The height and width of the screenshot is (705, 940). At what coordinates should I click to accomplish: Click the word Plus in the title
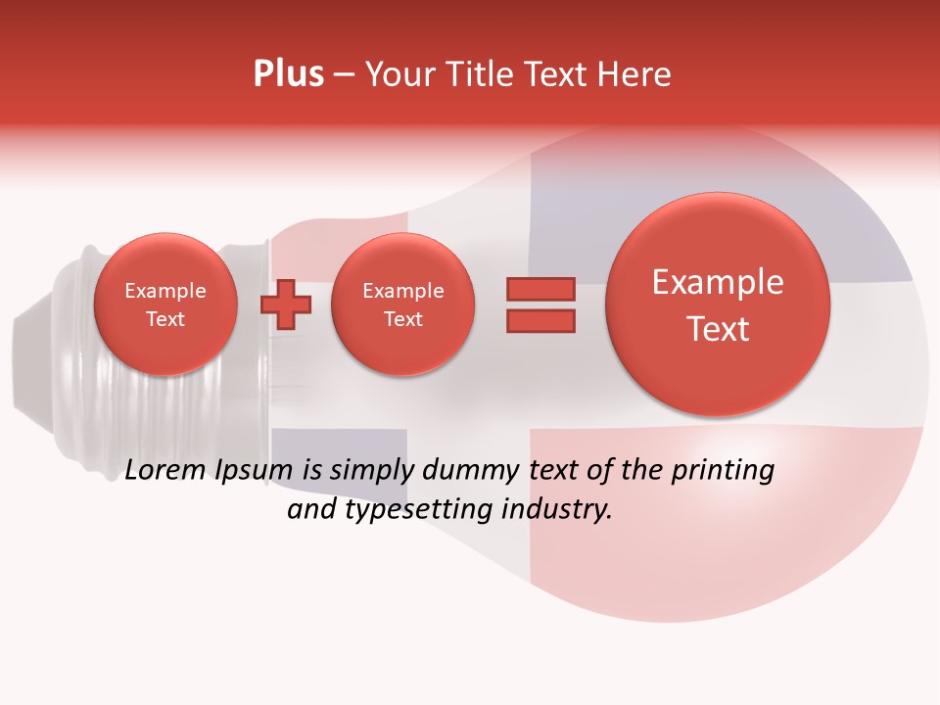point(288,74)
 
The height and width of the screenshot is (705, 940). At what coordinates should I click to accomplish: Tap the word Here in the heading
point(635,74)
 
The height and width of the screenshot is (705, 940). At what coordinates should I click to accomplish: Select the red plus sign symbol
point(286,305)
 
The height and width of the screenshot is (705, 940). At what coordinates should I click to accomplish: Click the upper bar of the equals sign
point(540,289)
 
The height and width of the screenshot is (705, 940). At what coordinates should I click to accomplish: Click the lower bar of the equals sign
point(540,321)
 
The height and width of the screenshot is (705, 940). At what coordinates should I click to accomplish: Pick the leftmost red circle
point(165,305)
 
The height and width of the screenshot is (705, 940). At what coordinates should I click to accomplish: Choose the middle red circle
point(403,305)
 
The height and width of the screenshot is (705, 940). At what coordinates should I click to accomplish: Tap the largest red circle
point(718,305)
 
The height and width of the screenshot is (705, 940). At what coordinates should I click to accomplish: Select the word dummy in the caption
point(473,471)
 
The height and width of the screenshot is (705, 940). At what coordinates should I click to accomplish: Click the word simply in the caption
point(364,471)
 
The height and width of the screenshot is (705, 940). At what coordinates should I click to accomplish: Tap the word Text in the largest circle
point(718,329)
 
